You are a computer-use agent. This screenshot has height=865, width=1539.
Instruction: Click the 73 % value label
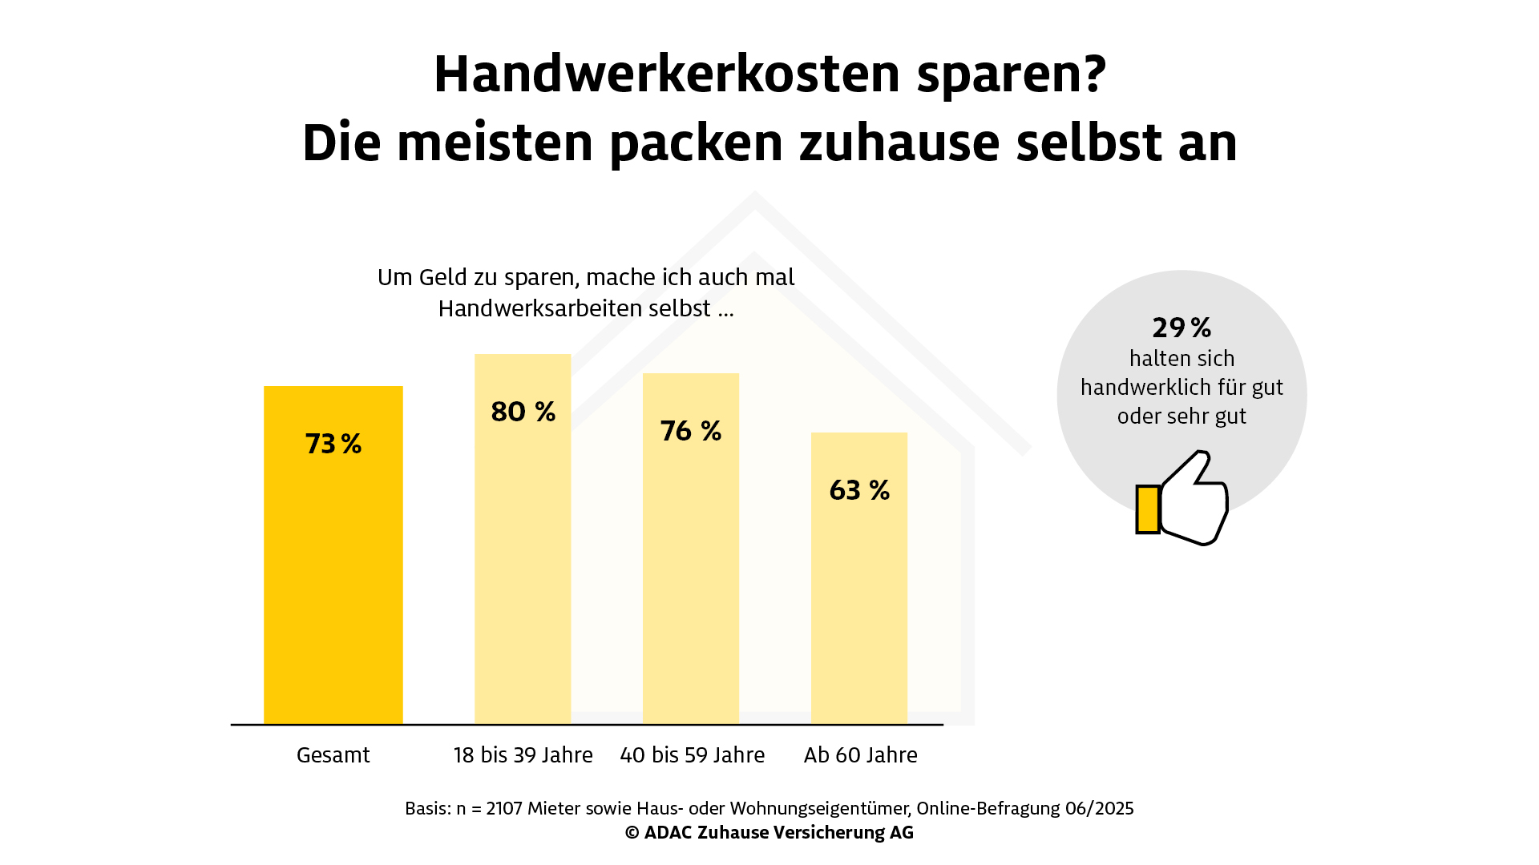click(x=333, y=444)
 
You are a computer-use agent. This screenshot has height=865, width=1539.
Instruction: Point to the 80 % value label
click(x=523, y=412)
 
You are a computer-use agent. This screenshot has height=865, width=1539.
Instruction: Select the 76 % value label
click(x=691, y=431)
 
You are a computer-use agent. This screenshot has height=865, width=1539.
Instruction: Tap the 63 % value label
click(x=859, y=490)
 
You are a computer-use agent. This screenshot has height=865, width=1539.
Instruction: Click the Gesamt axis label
click(x=333, y=755)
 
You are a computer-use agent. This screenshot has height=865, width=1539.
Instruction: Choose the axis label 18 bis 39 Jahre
click(x=523, y=755)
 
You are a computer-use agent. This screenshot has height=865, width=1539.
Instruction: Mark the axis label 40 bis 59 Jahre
click(x=693, y=755)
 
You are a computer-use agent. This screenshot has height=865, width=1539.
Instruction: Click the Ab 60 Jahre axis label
click(x=861, y=755)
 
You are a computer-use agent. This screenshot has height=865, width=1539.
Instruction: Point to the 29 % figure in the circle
click(x=1182, y=328)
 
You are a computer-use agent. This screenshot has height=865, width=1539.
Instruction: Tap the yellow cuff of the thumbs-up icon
click(x=1148, y=509)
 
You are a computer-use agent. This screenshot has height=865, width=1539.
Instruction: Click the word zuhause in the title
click(x=899, y=143)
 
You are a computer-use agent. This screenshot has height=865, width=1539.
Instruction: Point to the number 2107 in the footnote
click(x=504, y=808)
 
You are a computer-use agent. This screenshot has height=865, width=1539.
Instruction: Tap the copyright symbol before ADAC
click(x=632, y=833)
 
